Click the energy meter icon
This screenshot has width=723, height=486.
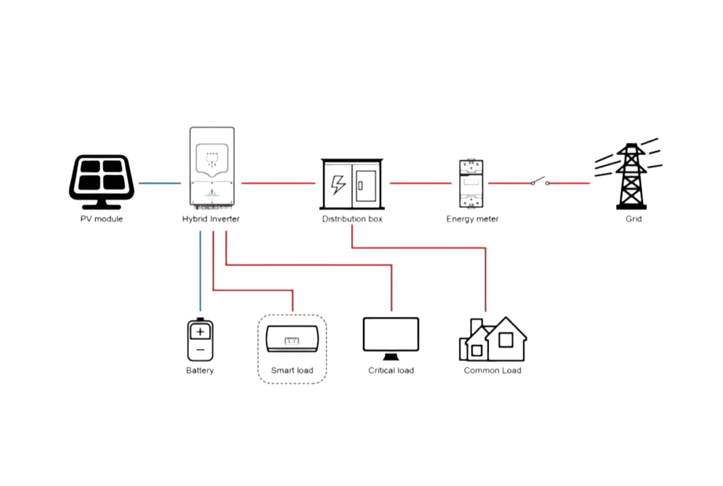click(x=472, y=183)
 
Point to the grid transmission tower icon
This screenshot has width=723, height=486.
click(x=630, y=175)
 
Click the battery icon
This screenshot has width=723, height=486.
click(x=200, y=340)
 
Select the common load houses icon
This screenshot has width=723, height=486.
click(x=492, y=340)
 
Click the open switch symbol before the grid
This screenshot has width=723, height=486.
click(x=539, y=182)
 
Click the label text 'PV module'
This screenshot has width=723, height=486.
click(x=101, y=219)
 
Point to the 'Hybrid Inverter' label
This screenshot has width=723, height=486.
click(x=211, y=219)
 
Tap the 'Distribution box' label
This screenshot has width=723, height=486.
click(x=352, y=219)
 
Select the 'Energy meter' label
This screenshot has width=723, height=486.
click(x=472, y=219)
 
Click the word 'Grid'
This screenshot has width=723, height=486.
click(x=633, y=219)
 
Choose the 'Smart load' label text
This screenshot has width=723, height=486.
click(x=292, y=370)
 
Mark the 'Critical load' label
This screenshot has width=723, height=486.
click(x=391, y=370)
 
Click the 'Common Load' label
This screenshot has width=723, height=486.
click(x=492, y=370)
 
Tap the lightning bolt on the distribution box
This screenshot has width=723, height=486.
click(x=338, y=184)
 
